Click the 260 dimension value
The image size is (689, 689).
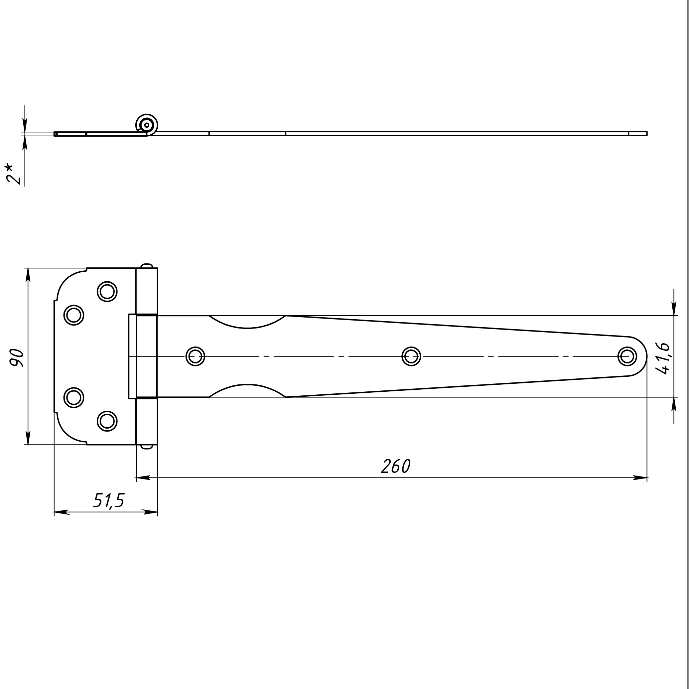tap(396, 466)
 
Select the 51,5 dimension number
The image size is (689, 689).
tap(109, 501)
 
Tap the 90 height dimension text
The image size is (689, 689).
tap(16, 358)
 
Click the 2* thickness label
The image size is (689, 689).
tap(14, 174)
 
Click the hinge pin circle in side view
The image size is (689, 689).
tap(147, 125)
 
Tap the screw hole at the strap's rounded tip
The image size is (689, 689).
tap(627, 356)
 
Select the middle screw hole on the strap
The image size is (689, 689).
tap(411, 356)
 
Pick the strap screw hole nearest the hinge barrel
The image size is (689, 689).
tap(196, 356)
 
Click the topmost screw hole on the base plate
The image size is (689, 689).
tap(107, 291)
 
